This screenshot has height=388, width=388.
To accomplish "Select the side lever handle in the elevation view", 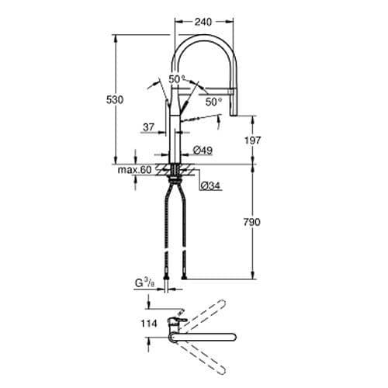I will coord(199,117).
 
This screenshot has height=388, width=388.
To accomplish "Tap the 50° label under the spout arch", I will coord(211,101).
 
